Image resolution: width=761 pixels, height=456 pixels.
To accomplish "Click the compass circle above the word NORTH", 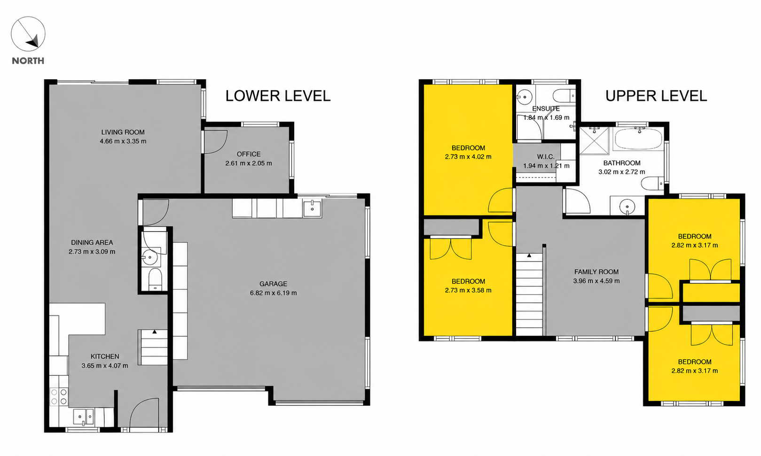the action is [x=11, y=33].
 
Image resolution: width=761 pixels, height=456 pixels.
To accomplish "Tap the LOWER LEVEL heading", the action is [x=278, y=96].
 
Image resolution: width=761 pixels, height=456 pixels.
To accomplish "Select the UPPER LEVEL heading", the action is [x=656, y=96].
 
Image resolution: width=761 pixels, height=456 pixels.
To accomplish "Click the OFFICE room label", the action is [x=249, y=154].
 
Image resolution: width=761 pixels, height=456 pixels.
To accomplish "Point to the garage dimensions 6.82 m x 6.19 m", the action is [x=274, y=293].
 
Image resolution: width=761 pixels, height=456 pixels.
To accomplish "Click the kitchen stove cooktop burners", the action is [x=59, y=397].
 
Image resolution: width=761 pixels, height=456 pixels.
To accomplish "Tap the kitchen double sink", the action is [x=84, y=416].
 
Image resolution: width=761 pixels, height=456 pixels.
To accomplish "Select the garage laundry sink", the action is [x=312, y=207].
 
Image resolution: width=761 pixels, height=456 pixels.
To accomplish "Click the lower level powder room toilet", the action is [x=156, y=279].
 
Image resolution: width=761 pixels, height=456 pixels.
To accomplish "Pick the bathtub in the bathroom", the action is [x=638, y=139].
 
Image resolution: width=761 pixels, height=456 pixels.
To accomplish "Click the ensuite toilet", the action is [x=564, y=96].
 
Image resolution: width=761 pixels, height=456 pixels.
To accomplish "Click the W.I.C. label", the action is [x=546, y=157].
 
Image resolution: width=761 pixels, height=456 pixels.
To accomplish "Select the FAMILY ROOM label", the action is [x=596, y=272].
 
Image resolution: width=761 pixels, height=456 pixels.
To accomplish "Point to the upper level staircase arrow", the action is [x=529, y=255].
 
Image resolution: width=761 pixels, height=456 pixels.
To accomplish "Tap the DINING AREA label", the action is [x=92, y=242].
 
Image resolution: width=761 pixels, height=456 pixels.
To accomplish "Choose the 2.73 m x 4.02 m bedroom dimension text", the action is [x=468, y=157].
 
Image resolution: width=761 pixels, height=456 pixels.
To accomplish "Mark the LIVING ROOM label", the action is [x=123, y=132].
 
